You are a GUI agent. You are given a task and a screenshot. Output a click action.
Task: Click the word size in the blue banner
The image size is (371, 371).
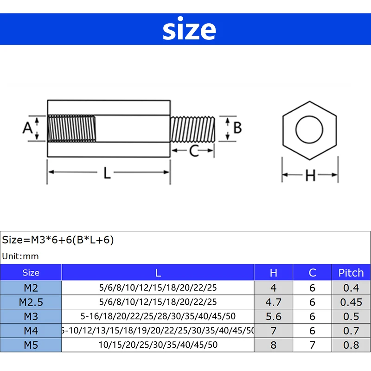coord(189,29)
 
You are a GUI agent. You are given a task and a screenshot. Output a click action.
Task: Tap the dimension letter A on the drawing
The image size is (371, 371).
coord(27,128)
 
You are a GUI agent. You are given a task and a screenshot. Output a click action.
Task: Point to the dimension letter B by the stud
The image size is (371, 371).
coord(237,127)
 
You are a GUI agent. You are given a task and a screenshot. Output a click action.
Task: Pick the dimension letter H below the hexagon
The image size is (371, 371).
coord(310,175)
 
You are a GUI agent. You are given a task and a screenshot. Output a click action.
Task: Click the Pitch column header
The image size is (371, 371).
coord(351,273)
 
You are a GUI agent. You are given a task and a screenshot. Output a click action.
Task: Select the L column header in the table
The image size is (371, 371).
coord(158,273)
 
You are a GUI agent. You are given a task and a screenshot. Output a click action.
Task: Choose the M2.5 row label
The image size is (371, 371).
coord(31,302)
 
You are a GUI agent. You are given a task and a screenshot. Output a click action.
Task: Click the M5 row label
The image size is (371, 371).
coord(31,345)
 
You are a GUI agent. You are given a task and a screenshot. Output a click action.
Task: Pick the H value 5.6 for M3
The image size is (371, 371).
coord(273,316)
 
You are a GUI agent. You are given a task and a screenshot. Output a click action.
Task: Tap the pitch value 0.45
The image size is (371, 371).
coord(351,302)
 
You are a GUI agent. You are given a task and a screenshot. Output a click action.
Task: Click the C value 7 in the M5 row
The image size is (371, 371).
coord(312,345)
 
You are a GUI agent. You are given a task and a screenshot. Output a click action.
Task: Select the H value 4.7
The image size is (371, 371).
coord(273,302)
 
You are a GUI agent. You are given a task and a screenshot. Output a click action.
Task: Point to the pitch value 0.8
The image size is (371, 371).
coord(351,345)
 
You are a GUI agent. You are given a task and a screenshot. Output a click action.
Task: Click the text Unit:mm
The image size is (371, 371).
coord(21,256)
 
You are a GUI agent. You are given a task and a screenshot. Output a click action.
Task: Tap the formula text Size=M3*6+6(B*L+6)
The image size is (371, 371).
coord(58,240)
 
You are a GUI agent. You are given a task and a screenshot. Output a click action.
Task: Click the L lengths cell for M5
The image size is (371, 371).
coord(158,345)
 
